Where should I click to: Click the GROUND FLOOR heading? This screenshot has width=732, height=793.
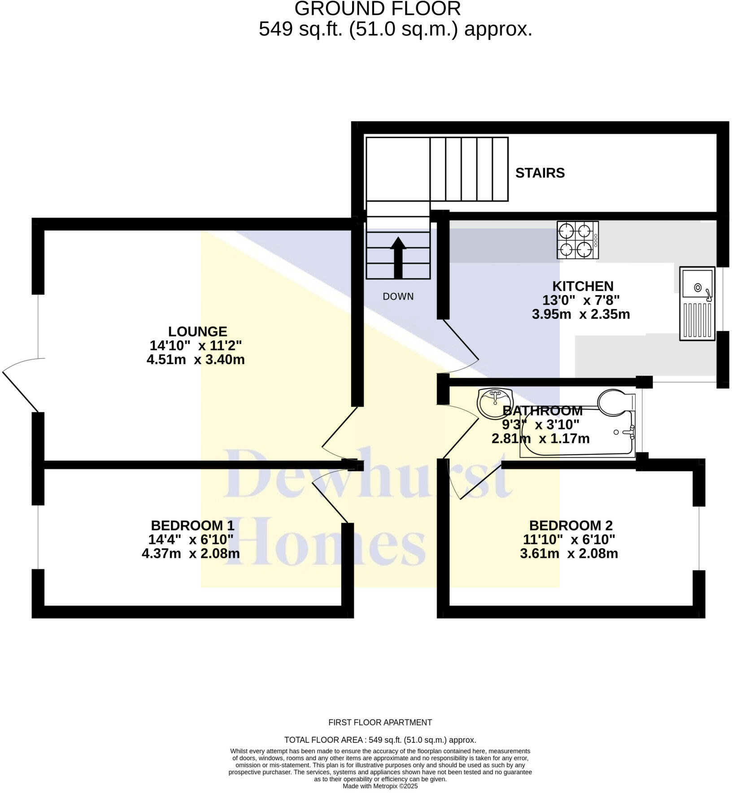click(377, 9)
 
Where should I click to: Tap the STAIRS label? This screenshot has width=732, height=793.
click(540, 173)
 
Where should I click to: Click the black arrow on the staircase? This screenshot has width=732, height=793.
click(398, 257)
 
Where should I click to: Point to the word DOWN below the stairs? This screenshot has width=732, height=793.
click(398, 296)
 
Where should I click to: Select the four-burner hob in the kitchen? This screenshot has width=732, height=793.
click(577, 240)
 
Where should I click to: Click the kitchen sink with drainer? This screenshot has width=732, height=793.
click(697, 303)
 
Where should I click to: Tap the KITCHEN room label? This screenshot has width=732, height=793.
click(582, 286)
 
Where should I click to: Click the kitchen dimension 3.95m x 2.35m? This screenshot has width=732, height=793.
click(580, 314)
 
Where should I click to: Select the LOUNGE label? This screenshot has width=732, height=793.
click(197, 331)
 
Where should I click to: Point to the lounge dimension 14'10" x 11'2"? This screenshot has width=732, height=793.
click(196, 345)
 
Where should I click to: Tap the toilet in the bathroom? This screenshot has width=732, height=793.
click(615, 401)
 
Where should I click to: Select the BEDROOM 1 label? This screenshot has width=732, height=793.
click(192, 525)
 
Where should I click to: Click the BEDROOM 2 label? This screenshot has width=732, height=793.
click(571, 525)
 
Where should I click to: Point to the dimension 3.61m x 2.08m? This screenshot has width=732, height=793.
click(569, 553)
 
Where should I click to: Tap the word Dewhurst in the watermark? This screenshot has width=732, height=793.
click(368, 475)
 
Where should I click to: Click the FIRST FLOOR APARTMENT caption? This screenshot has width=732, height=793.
click(380, 723)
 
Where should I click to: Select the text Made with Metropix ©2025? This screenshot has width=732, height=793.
click(380, 786)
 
